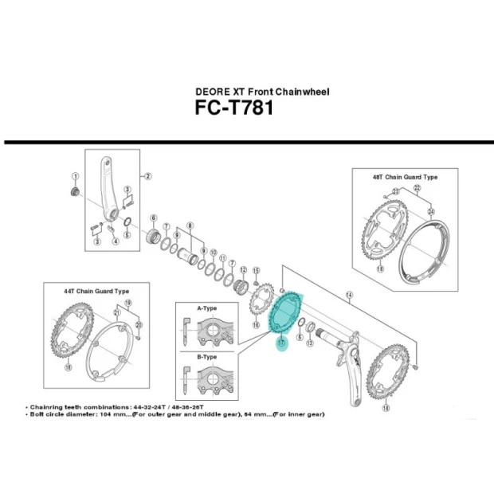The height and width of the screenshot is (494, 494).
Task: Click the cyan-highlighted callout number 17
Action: point(280,344)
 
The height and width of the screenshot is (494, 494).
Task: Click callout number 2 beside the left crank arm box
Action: point(148,177)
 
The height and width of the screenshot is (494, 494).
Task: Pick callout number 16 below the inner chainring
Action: point(256,325)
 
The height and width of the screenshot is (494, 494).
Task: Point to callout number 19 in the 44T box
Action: point(128,304)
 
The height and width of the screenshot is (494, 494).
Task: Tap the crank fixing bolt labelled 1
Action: point(74,193)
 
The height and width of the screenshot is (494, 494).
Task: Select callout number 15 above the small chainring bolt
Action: point(257,271)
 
